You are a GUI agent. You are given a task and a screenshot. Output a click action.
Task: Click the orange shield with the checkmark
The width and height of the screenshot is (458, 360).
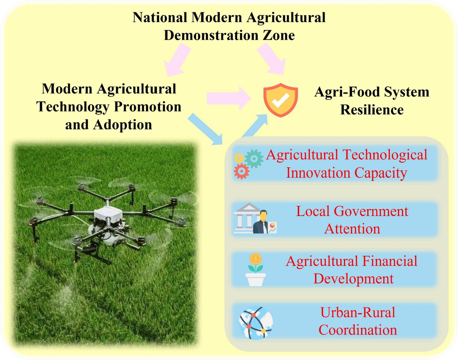point(281,100)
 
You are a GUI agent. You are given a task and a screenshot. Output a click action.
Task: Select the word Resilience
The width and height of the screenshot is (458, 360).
point(372,110)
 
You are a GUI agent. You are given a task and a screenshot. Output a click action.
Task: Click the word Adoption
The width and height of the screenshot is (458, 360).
point(122,125)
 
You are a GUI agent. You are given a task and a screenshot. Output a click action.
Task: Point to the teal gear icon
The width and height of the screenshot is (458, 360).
point(254,159)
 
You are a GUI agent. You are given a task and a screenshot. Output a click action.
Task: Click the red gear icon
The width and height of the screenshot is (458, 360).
point(241,171)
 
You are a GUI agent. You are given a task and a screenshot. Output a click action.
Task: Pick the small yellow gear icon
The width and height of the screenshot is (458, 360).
point(239,158)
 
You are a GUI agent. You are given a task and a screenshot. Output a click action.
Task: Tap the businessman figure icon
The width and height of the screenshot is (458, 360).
point(261,222)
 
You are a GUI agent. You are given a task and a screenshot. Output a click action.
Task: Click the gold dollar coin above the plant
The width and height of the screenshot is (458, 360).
point(256,259)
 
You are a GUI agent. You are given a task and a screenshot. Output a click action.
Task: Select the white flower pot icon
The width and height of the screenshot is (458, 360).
point(255,280)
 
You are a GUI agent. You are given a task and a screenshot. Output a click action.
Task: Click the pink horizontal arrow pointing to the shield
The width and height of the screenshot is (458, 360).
point(229,98)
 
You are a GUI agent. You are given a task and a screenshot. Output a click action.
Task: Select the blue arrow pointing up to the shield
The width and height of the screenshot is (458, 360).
point(254,126)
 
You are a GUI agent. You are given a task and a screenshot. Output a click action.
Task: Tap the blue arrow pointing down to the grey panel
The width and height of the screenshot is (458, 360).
point(205,129)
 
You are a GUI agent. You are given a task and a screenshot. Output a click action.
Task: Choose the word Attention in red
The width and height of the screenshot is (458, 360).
point(352,229)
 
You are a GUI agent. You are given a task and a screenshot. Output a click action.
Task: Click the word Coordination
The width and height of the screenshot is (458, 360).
point(357,330)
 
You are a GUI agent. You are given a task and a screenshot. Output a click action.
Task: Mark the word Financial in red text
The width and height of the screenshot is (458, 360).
point(389,261)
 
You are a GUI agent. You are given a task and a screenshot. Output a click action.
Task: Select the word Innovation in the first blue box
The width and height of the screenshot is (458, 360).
point(318,173)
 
